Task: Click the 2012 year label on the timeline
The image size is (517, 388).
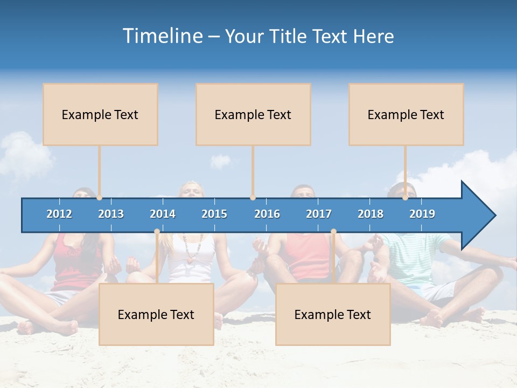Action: [59, 214]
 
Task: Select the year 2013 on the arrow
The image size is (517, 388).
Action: [111, 214]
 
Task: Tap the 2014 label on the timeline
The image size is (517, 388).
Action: [163, 214]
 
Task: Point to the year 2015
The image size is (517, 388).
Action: [214, 214]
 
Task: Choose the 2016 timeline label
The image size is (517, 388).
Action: [267, 214]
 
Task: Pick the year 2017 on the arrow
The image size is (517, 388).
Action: [319, 214]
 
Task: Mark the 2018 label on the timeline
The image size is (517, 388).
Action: [371, 214]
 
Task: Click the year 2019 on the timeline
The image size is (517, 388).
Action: [422, 214]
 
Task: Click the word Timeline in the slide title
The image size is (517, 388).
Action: [162, 36]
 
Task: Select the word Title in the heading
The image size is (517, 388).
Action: [290, 37]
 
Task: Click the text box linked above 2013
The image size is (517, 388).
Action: [100, 114]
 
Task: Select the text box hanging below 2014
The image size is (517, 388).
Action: [156, 314]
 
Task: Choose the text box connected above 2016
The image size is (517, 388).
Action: [253, 114]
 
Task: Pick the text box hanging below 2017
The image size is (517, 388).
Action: [333, 314]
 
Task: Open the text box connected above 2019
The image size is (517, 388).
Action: [406, 114]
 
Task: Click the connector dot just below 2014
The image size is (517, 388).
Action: [157, 232]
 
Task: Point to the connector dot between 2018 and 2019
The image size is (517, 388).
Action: [406, 198]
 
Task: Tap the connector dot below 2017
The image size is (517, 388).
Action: [333, 232]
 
